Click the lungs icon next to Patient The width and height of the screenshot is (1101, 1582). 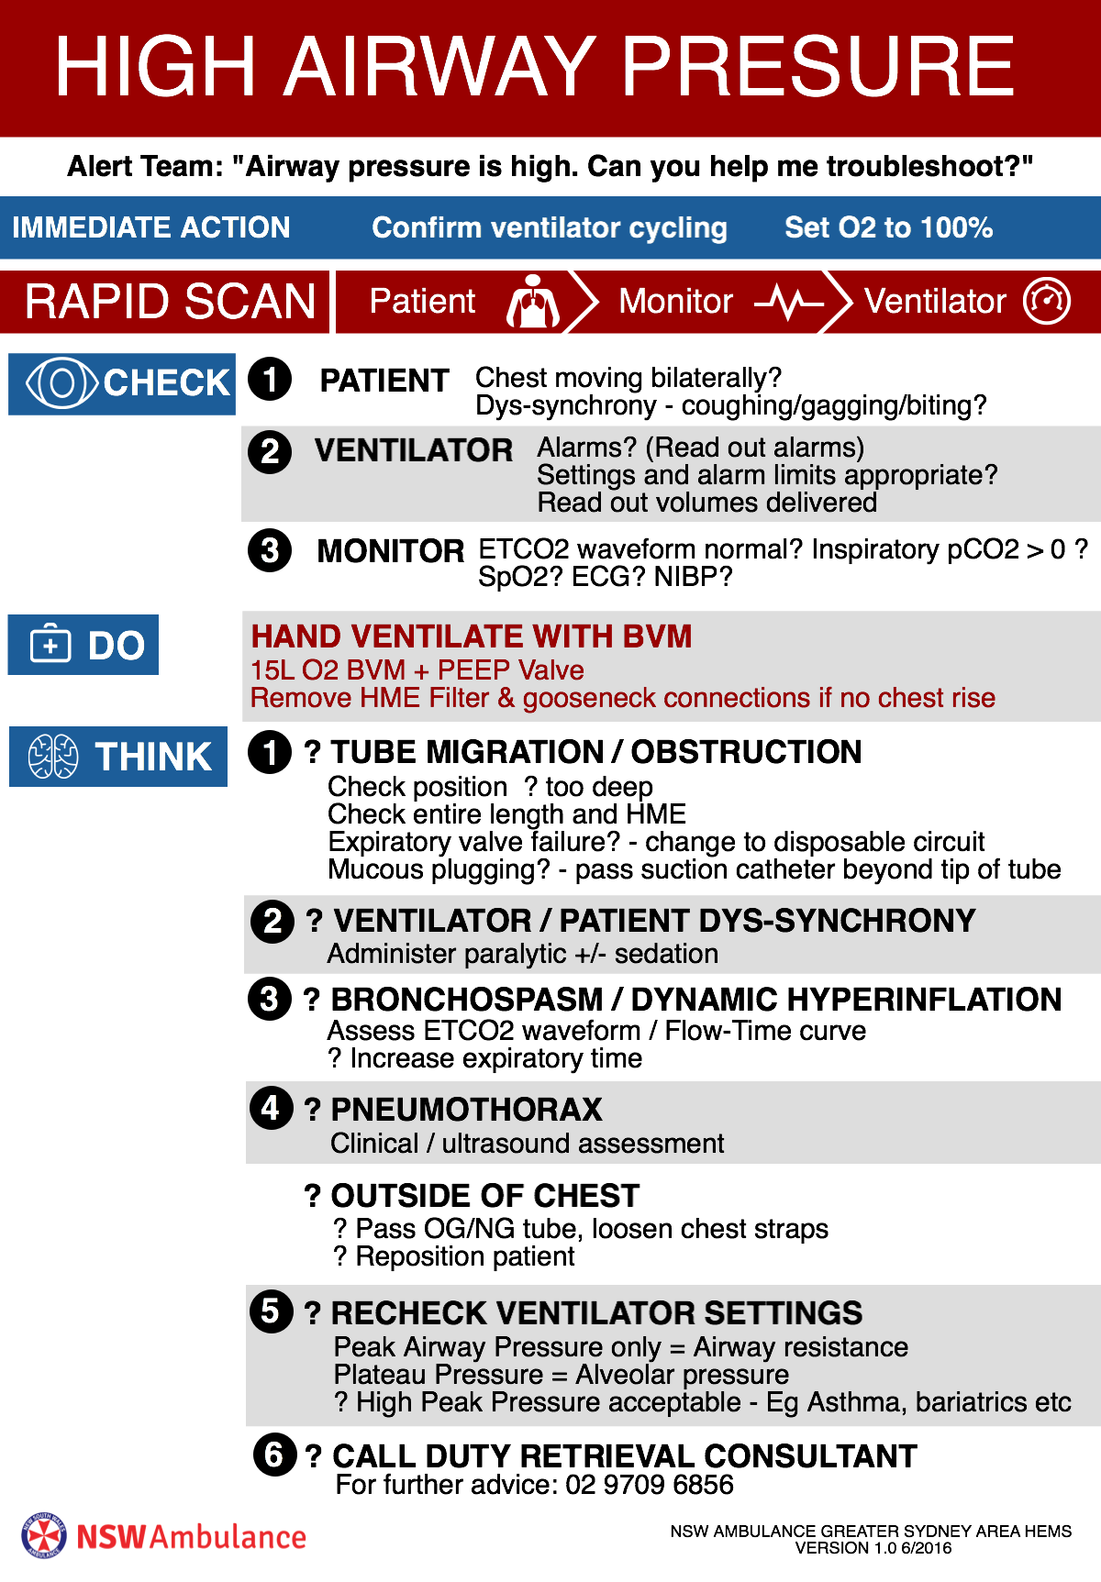[533, 301]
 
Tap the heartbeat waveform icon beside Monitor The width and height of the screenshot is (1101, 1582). [789, 302]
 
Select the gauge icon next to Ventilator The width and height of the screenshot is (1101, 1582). [1047, 301]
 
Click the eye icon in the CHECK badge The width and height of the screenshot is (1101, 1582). [61, 382]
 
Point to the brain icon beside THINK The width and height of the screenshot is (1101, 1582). [53, 757]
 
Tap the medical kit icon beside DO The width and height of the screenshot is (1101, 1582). [50, 644]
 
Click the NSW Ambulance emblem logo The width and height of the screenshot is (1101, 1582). [44, 1536]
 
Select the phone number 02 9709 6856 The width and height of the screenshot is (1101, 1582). [650, 1485]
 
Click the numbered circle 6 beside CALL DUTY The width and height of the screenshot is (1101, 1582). [274, 1455]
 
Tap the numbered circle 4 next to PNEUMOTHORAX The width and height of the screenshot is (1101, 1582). [271, 1108]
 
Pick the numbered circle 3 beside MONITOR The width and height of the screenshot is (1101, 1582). [270, 550]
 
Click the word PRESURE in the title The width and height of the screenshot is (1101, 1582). [819, 66]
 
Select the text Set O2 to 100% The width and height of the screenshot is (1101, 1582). [888, 227]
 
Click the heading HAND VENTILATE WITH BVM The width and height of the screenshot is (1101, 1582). [472, 636]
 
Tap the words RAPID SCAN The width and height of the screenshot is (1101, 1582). [171, 302]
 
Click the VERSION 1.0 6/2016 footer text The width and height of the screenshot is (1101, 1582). [873, 1548]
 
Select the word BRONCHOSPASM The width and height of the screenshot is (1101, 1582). [467, 1000]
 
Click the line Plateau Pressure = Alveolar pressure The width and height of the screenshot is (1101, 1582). [562, 1375]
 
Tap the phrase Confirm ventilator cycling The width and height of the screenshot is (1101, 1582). [550, 227]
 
